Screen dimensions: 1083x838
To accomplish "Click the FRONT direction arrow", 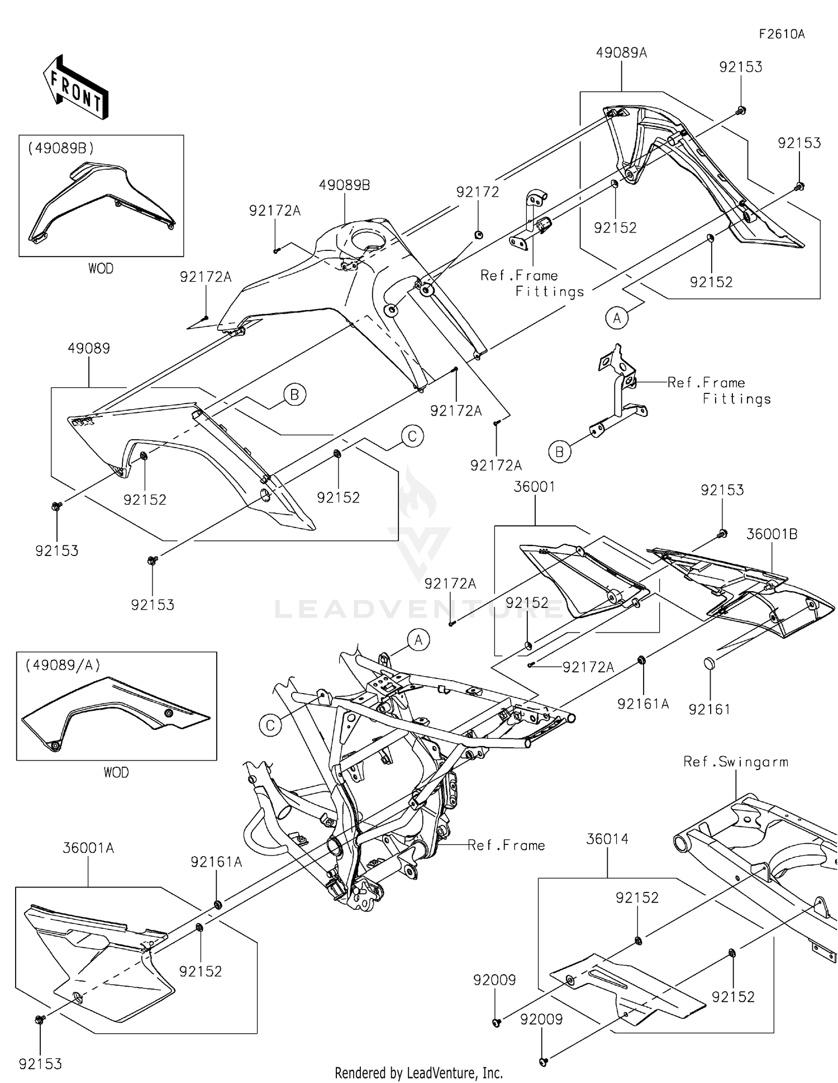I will coord(76,88).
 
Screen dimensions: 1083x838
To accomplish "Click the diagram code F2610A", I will coord(781,34).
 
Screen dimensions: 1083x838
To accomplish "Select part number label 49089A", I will coord(621,53).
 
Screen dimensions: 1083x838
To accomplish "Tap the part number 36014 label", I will coord(607,839).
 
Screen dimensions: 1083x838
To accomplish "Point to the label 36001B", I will coord(772,534).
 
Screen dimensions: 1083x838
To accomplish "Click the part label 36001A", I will coord(88,848).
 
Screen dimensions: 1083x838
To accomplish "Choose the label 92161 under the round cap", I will coord(710,710).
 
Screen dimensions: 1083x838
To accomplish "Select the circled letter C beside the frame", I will coord(270,725).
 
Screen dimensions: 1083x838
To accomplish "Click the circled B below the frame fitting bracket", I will coord(560,452).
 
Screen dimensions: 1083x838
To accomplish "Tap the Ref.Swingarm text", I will coord(735,762).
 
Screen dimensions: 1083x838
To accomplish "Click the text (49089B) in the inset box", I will coord(61,149).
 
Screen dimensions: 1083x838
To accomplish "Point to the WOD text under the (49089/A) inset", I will coord(116,773).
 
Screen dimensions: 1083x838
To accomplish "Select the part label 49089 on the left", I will coord(89,349).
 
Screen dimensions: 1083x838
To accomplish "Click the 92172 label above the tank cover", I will coord(478,192).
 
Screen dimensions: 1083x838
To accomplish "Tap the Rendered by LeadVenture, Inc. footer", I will coord(418,1073).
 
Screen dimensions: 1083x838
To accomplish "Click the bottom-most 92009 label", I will coord(541,1020).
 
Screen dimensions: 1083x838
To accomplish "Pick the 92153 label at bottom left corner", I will coord(40,1065).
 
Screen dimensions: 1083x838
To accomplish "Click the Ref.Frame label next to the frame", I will coord(506,845).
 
